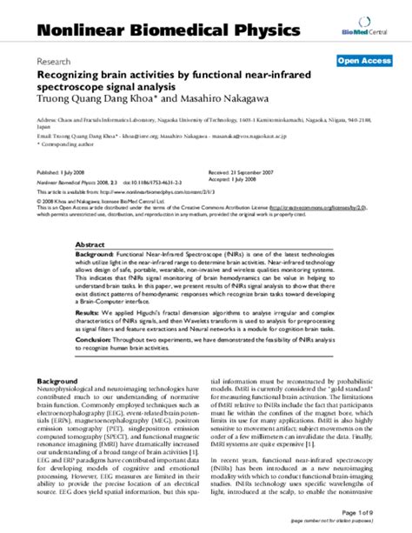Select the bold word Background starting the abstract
point(96,258)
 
